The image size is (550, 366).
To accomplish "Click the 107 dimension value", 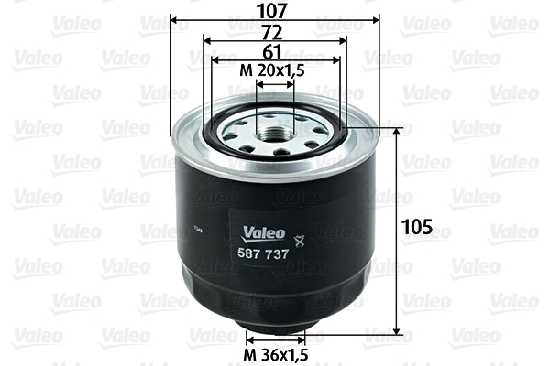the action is click(x=272, y=11).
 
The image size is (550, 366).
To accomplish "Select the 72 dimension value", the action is click(x=272, y=33).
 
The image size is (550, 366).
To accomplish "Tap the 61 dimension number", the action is click(x=272, y=52).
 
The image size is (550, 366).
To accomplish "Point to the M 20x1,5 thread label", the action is click(x=272, y=70).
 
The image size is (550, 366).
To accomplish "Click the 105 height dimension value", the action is click(x=417, y=227).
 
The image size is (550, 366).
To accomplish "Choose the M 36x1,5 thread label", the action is click(x=276, y=355).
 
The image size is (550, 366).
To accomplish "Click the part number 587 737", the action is click(x=263, y=253).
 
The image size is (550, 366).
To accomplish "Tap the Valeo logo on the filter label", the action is click(x=263, y=234).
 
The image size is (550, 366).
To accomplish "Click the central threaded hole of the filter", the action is click(x=274, y=134).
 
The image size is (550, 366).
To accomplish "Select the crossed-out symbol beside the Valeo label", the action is click(x=298, y=241).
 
